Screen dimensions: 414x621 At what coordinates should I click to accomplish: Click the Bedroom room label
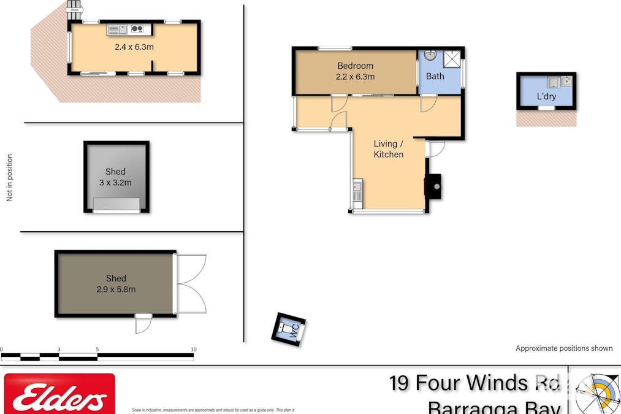click(x=355, y=66)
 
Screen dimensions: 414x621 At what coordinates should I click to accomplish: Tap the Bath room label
click(x=435, y=76)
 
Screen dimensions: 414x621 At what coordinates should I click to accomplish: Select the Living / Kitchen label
click(x=389, y=149)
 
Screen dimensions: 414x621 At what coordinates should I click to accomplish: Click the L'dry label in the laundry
click(x=546, y=96)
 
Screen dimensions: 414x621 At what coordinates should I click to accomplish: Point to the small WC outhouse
click(x=289, y=330)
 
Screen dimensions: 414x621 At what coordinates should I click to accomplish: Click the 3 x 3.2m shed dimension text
click(x=115, y=182)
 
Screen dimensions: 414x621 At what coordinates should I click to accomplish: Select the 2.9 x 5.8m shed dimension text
click(x=116, y=289)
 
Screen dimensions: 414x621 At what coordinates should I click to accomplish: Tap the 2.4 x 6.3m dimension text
click(x=134, y=47)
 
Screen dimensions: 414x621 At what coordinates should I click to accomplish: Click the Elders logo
click(x=59, y=396)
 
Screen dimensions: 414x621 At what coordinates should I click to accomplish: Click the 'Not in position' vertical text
click(x=9, y=178)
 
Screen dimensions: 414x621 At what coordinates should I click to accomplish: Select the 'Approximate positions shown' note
click(x=563, y=348)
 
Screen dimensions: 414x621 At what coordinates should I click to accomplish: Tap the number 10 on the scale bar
click(x=194, y=350)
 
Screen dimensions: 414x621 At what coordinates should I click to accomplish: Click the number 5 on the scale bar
click(x=97, y=350)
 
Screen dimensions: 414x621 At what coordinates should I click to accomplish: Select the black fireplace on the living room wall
click(x=434, y=185)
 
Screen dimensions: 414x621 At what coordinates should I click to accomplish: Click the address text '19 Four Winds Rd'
click(x=474, y=383)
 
